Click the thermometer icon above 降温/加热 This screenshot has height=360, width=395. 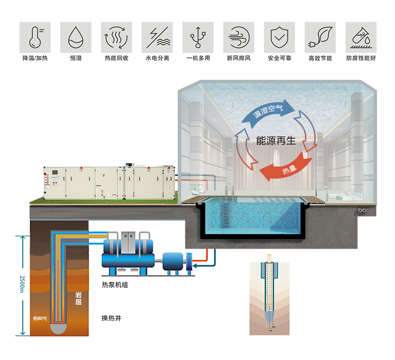[35, 37]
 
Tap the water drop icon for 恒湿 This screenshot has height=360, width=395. [75, 37]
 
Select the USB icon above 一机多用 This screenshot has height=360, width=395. [198, 37]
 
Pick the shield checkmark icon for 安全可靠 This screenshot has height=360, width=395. [280, 37]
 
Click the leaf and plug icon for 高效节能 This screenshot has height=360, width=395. [320, 37]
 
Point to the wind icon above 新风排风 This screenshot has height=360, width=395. [239, 37]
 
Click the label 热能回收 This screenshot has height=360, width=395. [116, 58]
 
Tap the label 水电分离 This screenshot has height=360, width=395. [157, 58]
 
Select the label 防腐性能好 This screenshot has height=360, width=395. [361, 58]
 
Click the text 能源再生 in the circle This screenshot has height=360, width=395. [276, 141]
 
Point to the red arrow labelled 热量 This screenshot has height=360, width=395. [285, 169]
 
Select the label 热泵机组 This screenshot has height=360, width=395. [115, 285]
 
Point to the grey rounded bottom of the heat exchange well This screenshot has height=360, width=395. [58, 327]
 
